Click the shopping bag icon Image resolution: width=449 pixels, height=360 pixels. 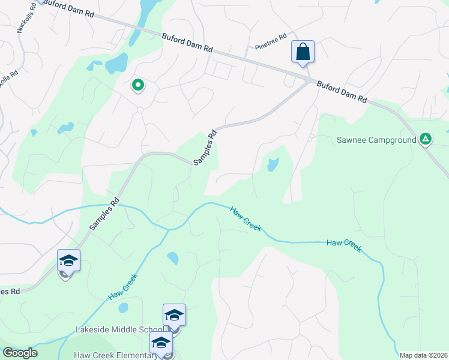[303, 52]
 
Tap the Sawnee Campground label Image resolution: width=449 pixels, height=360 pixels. [376, 140]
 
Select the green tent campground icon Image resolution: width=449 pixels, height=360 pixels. [425, 140]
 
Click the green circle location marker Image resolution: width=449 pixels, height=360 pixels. [138, 86]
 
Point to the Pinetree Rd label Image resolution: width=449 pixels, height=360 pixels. [271, 41]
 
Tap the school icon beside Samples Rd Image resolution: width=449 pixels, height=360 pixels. [68, 261]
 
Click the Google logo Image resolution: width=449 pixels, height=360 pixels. [20, 353]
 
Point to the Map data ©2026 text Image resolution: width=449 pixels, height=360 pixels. [423, 355]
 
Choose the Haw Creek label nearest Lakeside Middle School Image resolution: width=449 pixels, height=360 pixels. [122, 287]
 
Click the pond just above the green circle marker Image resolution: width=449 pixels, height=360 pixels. [116, 63]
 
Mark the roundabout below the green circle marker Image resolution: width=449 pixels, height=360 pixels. [140, 110]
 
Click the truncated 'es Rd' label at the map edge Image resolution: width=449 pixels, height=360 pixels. [10, 291]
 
